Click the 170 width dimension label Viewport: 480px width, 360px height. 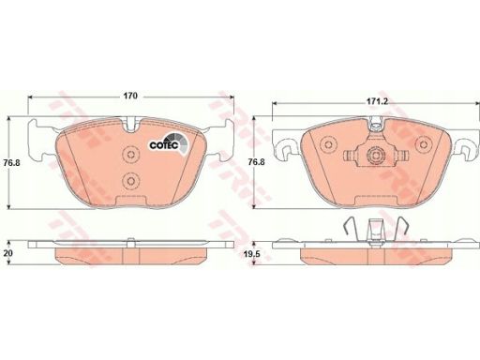(129, 96)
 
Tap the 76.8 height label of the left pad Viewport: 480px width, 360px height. (12, 162)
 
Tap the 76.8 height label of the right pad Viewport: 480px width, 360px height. (257, 162)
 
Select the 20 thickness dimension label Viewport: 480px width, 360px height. (7, 253)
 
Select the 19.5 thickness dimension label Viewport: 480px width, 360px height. (252, 255)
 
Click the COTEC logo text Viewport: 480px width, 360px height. (164, 145)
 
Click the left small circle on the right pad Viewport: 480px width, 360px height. (328, 144)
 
